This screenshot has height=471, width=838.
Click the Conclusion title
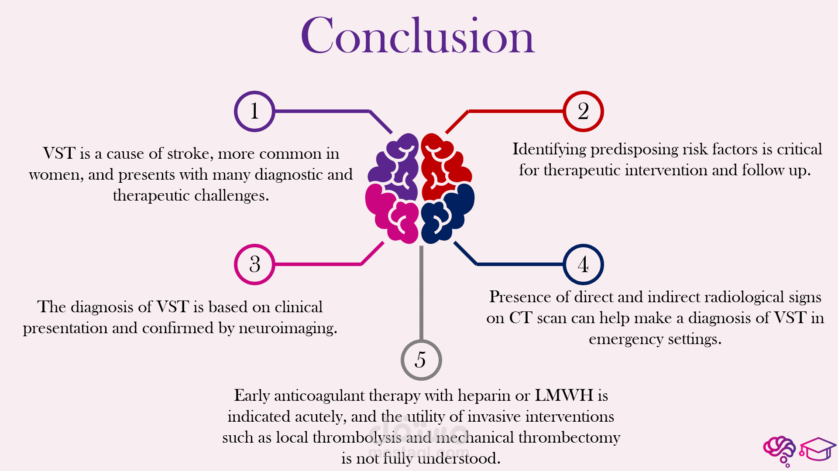tap(418, 36)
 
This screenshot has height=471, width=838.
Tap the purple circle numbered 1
tap(254, 111)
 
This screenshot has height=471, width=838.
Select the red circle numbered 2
tap(583, 111)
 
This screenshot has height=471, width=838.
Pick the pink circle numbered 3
tap(254, 264)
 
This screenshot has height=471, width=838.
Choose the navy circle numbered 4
tap(583, 264)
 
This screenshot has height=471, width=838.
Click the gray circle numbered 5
tap(421, 360)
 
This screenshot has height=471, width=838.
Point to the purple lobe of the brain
tap(395, 161)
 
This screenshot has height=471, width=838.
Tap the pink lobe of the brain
tap(391, 214)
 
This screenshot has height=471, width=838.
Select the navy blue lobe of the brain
tap(447, 214)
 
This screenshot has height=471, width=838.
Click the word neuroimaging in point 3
tap(288, 328)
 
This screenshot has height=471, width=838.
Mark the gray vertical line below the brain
tap(421, 292)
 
